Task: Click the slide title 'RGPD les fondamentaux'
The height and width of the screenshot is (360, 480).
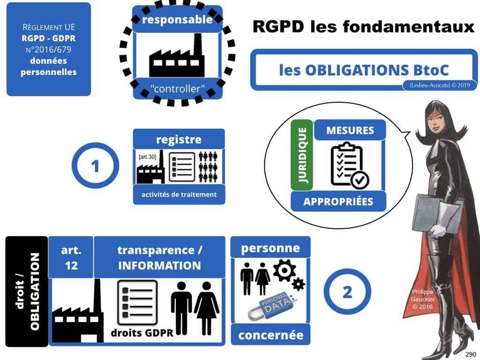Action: click(363, 27)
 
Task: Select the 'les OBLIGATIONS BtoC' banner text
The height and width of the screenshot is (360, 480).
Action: click(364, 70)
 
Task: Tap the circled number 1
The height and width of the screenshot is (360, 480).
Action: click(95, 166)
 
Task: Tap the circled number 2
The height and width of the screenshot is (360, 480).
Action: click(347, 292)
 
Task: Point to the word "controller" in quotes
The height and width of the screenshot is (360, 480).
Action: click(178, 88)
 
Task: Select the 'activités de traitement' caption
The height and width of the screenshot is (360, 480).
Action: click(179, 195)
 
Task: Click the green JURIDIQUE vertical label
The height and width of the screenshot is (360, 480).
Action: click(301, 155)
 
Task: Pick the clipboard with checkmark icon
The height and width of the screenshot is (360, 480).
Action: click(349, 164)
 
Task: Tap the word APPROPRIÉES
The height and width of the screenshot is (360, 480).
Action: click(338, 202)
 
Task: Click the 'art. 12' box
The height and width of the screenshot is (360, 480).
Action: click(70, 257)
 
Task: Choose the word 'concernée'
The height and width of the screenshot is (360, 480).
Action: click(270, 335)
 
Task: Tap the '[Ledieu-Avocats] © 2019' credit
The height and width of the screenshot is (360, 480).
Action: click(439, 85)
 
